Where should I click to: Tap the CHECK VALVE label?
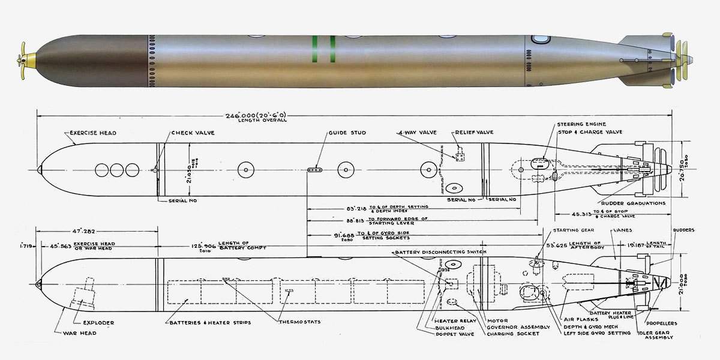pyautogui.click(x=190, y=133)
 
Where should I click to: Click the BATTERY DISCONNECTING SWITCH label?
pyautogui.click(x=440, y=251)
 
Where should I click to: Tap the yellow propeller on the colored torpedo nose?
pyautogui.click(x=25, y=59)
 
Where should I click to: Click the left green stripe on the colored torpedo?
pyautogui.click(x=314, y=49)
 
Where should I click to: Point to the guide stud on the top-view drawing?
pyautogui.click(x=316, y=170)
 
